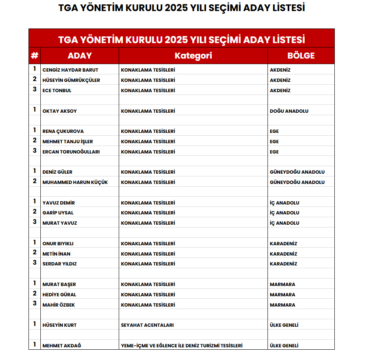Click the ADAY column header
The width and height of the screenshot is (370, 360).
(x=80, y=56)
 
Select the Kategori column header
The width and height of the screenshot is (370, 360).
(x=193, y=56)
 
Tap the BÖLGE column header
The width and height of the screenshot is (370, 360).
(x=301, y=56)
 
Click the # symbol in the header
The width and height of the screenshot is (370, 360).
(x=34, y=56)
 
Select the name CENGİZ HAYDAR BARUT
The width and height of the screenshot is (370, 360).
(x=70, y=70)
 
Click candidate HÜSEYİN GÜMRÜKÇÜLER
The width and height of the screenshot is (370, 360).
(x=71, y=80)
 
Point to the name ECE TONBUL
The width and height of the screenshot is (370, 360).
(x=57, y=91)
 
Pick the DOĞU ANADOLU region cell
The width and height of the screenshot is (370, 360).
(x=289, y=111)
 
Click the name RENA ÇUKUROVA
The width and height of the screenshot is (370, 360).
(x=63, y=131)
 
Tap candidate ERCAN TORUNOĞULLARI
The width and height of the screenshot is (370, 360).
(x=71, y=152)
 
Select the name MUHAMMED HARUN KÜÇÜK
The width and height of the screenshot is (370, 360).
(x=75, y=182)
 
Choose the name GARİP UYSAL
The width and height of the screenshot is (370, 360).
(x=58, y=213)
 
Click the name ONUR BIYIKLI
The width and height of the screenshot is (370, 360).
(x=58, y=244)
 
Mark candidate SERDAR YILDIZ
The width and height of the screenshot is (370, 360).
(x=60, y=264)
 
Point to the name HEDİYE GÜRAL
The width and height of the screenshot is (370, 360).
(x=59, y=295)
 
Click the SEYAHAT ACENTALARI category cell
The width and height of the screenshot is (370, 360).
(x=147, y=325)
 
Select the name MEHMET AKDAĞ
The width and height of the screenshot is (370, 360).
(x=62, y=346)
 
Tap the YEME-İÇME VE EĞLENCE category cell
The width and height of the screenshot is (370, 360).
(x=182, y=346)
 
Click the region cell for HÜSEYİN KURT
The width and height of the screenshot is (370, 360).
(x=284, y=325)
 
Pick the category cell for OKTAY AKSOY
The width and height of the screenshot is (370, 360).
(x=148, y=111)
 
